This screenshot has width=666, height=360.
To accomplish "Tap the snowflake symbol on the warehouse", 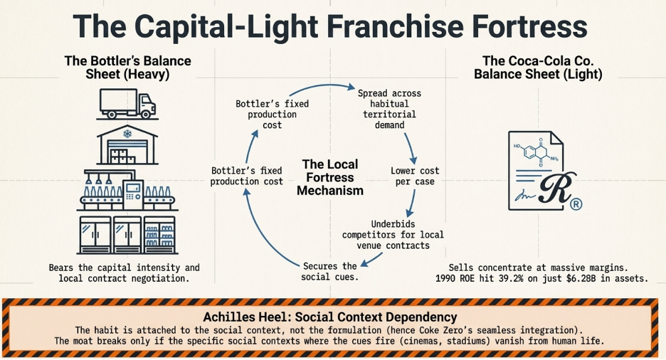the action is [x=128, y=134].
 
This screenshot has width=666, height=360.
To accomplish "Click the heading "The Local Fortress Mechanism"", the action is [x=329, y=177].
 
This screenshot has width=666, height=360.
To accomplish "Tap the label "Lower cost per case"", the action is [x=415, y=176].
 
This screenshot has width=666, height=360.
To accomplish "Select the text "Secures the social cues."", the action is [x=329, y=271].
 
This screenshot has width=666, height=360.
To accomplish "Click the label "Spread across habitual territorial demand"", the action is [x=389, y=109].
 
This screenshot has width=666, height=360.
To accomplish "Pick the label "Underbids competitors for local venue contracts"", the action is [x=392, y=235].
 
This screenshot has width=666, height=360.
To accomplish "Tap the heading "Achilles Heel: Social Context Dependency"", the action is [x=334, y=317].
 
